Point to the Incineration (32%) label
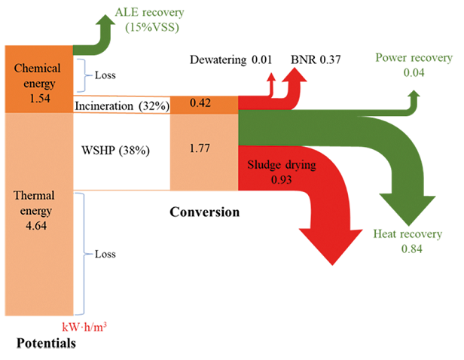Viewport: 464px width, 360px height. (121, 105)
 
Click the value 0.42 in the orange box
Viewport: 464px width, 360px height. (200, 104)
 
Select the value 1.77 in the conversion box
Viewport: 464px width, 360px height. (200, 149)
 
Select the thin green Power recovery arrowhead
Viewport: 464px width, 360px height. (413, 96)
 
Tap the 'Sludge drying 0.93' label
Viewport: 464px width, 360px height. (279, 169)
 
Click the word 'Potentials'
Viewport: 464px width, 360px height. (47, 344)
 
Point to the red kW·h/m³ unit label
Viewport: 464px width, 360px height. (83, 328)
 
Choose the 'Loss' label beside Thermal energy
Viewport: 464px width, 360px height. (105, 255)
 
